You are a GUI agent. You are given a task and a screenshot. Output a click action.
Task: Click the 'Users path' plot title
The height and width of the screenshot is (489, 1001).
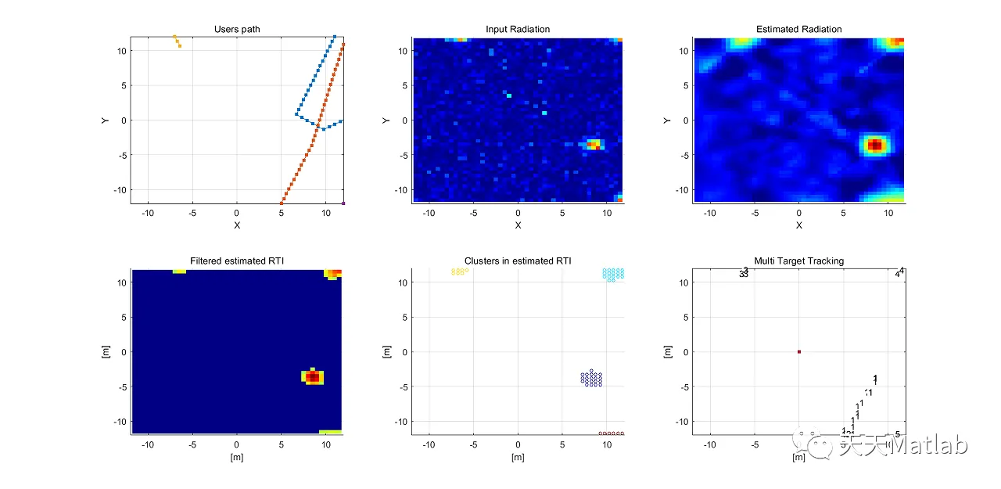coord(237,30)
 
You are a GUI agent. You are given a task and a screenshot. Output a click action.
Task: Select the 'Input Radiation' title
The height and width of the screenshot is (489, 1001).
coord(518,30)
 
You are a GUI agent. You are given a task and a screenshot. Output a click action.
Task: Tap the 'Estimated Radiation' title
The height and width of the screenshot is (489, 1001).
coord(798,30)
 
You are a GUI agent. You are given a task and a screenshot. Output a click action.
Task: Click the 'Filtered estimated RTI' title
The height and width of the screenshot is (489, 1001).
coord(237,261)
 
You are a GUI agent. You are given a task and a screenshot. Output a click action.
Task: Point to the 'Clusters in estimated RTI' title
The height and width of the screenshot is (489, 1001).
coord(518,261)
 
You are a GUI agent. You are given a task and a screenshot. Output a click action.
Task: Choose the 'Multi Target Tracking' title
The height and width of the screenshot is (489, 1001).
coord(798,261)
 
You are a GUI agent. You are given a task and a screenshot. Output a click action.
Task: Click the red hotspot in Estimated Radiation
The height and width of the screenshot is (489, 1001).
coord(875,145)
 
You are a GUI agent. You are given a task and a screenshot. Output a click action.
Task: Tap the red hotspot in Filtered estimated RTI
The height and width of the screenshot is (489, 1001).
coord(313,377)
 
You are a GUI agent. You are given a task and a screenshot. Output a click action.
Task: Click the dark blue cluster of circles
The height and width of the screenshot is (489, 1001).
coord(592,379)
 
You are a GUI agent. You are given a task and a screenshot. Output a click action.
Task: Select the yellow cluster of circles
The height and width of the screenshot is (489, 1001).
coord(460,271)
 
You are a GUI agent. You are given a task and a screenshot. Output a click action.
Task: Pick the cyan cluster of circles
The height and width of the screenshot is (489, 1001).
coord(613,274)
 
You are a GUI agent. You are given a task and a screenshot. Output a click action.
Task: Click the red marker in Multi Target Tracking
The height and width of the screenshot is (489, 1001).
coord(798,352)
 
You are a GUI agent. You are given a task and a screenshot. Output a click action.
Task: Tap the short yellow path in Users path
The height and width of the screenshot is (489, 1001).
coord(177,41)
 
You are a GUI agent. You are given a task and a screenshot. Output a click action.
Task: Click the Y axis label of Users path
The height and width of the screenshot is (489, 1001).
coord(105,120)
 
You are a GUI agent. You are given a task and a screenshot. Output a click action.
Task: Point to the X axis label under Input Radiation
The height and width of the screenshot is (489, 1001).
coord(518,225)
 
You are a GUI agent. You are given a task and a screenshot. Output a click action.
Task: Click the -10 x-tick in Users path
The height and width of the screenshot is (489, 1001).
coord(149,213)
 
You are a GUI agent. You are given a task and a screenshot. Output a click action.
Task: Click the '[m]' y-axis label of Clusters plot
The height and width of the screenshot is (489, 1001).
coord(386,352)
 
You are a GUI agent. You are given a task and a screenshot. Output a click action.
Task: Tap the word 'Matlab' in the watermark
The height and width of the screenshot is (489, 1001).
coord(930,446)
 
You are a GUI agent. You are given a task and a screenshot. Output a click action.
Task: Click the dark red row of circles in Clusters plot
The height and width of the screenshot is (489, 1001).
coord(611,433)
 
